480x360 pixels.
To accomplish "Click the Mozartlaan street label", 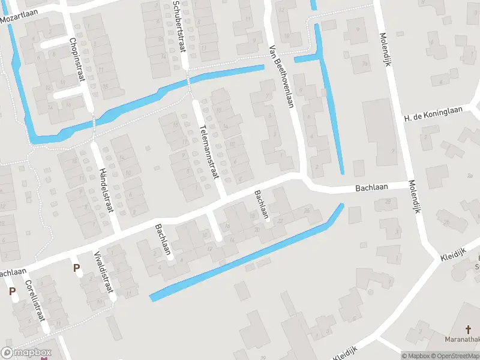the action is point(19,17).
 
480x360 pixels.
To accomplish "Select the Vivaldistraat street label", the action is point(104,272).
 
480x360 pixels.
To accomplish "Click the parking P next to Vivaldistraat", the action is point(76,268).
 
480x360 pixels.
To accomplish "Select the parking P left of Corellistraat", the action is point(12,292).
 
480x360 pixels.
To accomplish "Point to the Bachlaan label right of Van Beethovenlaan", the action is point(371,187).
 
